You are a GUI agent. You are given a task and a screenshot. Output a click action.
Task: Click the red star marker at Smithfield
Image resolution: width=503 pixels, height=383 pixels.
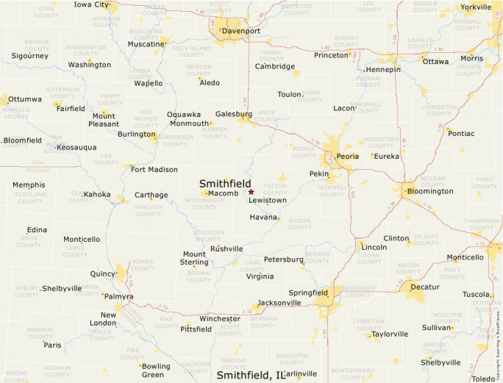pos(251,192)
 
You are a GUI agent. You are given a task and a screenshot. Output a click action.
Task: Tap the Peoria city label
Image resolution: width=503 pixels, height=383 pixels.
pos(348,157)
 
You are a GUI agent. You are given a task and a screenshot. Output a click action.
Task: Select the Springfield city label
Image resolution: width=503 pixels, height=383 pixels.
pos(309,293)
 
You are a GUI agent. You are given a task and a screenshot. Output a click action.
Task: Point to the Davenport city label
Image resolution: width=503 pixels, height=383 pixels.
pos(242,31)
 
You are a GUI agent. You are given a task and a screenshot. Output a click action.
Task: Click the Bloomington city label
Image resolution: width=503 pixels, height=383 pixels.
pos(430,191)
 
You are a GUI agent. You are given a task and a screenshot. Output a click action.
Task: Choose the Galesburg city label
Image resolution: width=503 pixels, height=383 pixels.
pos(234,114)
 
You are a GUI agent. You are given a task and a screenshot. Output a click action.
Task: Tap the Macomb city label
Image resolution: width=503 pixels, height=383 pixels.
pos(223,193)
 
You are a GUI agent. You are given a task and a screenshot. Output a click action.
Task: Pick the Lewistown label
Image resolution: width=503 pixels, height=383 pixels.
pos(268,200)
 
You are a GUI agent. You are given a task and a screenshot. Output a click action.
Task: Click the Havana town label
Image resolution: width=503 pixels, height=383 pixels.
pos(263,218)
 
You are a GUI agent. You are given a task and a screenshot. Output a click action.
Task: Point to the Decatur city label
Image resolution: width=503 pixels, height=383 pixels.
pos(424,287)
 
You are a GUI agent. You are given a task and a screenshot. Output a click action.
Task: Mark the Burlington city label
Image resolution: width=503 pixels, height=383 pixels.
pos(137,135)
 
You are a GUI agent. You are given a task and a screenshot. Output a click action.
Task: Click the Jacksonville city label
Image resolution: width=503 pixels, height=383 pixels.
pos(279,302)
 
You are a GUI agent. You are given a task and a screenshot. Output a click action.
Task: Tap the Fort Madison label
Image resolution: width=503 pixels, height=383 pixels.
pos(154,170)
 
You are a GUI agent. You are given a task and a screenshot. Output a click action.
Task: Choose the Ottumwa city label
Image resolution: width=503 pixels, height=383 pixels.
pos(26,99)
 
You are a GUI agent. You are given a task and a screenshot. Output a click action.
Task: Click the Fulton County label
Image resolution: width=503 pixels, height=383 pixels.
pos(274,189)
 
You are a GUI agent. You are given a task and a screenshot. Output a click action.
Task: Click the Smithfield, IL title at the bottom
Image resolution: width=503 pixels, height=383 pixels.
pos(250,375)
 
